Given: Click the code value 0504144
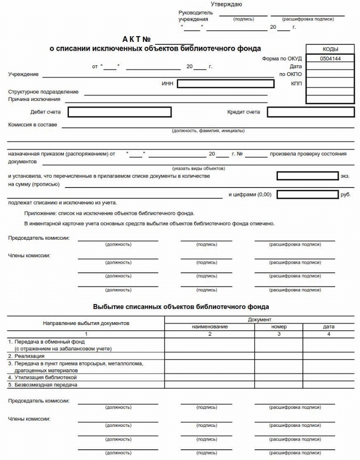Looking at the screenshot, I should point(330,58).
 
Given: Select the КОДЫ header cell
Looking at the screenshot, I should point(330,49).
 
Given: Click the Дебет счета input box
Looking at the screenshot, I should point(120,112).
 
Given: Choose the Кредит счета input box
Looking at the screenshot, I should point(310,112).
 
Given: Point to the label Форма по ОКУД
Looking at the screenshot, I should point(282,58).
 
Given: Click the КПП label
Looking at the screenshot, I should point(296,83).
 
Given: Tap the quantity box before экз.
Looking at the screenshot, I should point(307,176).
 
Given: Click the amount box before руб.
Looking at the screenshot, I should point(307,194).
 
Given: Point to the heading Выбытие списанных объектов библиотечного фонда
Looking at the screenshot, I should point(181,307).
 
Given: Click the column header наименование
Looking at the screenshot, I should point(209,326).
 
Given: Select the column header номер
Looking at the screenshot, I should point(279,326).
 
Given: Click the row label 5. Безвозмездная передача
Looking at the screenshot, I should point(43,384).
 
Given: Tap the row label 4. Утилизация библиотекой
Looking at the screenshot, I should point(42,377).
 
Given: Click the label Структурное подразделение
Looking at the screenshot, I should point(43,92).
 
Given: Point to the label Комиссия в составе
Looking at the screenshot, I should point(33,125).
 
